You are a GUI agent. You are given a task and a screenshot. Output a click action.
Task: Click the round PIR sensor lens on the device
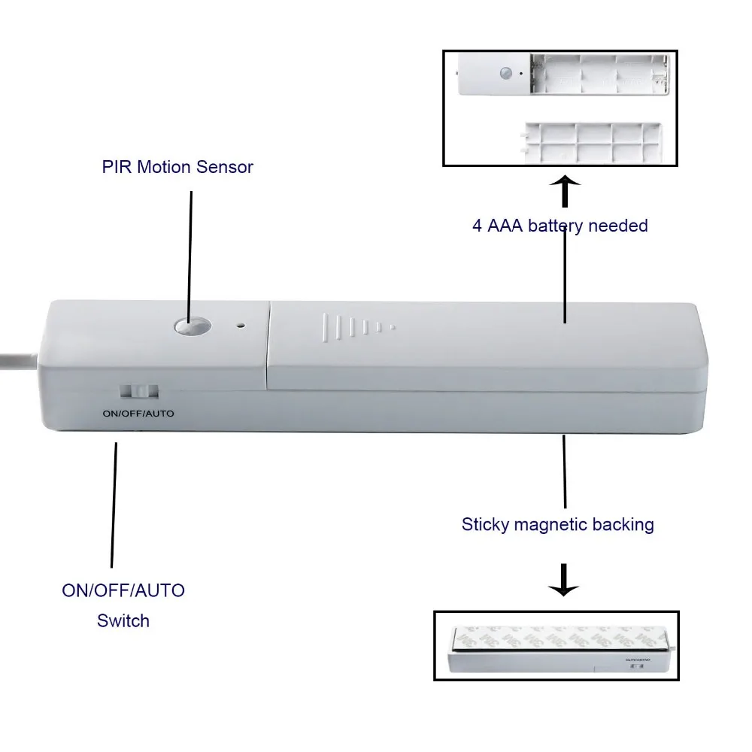coord(192,327)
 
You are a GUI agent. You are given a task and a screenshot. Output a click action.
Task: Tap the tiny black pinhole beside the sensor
coord(241,326)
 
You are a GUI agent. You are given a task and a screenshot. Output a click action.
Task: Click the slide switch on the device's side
coord(140,392)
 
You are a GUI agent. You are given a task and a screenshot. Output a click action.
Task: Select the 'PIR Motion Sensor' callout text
coord(177,167)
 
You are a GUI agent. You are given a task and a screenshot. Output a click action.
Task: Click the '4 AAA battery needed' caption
coord(559,226)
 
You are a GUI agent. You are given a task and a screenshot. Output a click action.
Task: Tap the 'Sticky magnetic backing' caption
coord(557,524)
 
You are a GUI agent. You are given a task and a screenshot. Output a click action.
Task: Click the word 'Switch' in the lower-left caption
coord(123,621)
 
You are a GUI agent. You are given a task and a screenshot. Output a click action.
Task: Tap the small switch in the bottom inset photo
coord(638,666)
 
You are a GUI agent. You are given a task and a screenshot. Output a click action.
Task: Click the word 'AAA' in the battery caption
coord(507,226)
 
